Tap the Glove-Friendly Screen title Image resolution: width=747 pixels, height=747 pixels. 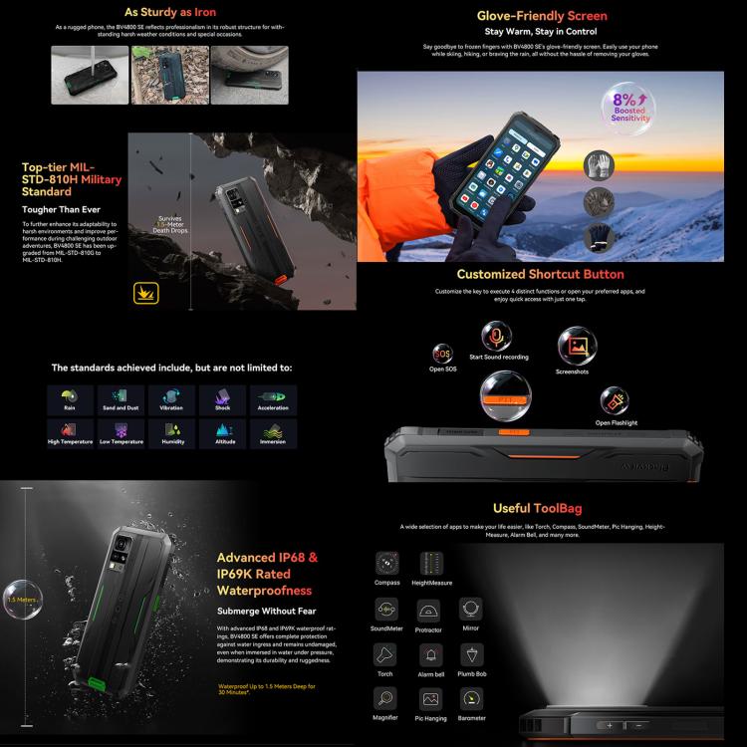pos(541,16)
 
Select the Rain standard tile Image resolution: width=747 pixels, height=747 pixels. pos(69,398)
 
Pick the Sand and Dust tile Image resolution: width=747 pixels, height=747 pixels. pos(121,398)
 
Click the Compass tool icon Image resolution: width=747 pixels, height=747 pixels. pos(386,562)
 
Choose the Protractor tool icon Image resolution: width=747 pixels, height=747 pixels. pos(429,610)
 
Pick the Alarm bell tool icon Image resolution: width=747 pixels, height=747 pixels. pos(429,654)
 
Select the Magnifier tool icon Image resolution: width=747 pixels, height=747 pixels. pos(385,698)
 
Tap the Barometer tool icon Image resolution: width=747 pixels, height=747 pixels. pos(472,698)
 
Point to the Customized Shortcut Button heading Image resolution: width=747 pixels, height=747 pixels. pos(540,274)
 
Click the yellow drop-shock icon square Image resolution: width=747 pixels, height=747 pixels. pos(146,293)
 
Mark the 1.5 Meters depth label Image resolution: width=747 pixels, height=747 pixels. pos(20,601)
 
